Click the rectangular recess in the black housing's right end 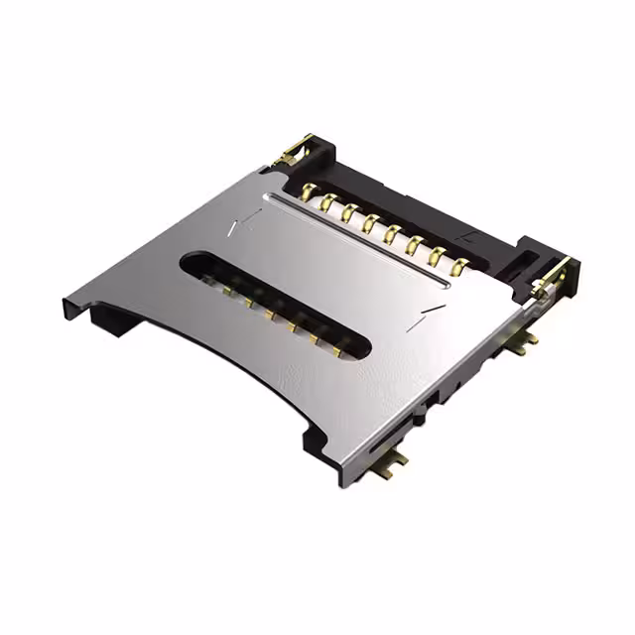coord(541,254)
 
